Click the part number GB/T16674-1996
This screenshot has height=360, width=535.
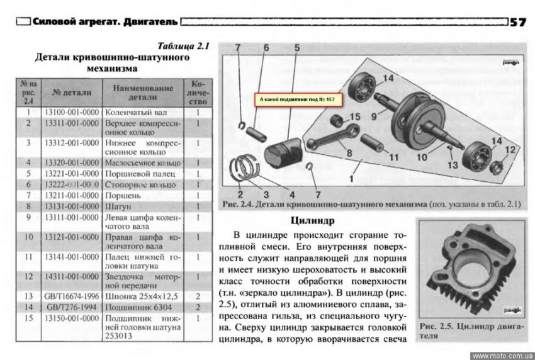tap(71, 296)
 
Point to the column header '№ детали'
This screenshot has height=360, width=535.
tap(72, 92)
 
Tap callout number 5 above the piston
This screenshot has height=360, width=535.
tap(296, 48)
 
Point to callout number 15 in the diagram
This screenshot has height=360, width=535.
tap(354, 117)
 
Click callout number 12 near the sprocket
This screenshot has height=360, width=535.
tap(510, 150)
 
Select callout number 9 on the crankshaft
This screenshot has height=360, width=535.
tap(374, 117)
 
